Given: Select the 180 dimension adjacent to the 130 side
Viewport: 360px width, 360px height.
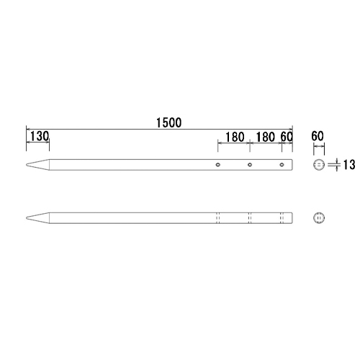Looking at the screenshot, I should point(234,136).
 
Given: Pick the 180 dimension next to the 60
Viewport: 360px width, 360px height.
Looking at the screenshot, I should point(265,136).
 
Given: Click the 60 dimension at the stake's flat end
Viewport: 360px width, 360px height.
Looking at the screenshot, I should point(286,136).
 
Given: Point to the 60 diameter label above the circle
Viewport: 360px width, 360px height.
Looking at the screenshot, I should point(319,135).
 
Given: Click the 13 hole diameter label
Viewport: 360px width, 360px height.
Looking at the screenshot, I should point(348,166).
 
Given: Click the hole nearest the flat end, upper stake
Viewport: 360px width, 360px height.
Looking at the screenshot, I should point(282,166).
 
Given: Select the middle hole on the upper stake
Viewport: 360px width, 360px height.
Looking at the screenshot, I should point(250,166).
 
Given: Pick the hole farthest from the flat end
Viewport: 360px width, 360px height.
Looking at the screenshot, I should point(218,166).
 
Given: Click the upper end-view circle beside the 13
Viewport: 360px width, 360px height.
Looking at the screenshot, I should point(319,166).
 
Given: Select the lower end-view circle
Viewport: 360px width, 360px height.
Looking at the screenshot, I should point(319,217).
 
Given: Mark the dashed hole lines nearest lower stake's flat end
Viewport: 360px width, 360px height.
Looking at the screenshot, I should point(282,217).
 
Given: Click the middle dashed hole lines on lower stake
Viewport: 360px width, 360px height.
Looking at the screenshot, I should point(250,217).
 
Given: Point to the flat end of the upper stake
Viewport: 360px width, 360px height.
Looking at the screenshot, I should point(292,166).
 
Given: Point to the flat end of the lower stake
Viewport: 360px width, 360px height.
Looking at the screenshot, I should point(292,217).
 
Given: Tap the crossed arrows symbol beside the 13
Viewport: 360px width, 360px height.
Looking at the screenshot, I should point(333,166).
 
